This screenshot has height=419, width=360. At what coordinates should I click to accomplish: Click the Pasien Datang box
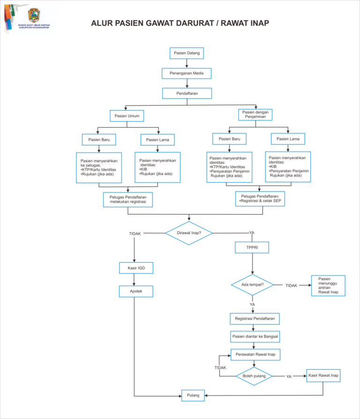pos(187,53)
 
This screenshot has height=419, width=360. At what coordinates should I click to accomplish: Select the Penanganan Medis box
pos(187,73)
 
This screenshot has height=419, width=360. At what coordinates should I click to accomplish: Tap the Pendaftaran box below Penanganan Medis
pos(187,93)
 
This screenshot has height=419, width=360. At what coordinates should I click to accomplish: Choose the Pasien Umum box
pos(127,116)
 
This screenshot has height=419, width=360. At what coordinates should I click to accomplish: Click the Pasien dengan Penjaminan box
pos(255,114)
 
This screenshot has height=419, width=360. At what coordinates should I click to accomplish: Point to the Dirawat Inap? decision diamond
pos(189,233)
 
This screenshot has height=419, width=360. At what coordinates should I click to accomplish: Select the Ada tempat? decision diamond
pos(253,285)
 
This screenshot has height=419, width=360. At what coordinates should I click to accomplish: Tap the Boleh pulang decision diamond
pos(254,376)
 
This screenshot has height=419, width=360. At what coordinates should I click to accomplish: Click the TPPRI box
pos(252,247)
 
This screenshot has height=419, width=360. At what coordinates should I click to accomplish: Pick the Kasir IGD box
pos(136,268)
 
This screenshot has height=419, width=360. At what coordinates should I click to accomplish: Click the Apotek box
pos(136,291)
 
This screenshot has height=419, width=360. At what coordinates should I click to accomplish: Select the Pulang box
pos(193,396)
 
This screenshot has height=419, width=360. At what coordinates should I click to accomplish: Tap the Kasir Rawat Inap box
pos(323,376)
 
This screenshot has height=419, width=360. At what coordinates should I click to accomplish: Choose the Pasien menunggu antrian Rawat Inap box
pos(328,286)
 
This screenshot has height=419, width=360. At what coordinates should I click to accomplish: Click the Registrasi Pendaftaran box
pos(255,319)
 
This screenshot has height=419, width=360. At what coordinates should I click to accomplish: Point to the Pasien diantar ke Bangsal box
pos(255,337)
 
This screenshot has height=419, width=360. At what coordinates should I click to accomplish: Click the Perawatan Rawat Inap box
pos(255,355)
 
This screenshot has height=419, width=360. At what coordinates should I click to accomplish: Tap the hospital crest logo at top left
pos(34,15)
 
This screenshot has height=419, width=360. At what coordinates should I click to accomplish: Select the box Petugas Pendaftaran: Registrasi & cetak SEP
pos(260,199)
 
